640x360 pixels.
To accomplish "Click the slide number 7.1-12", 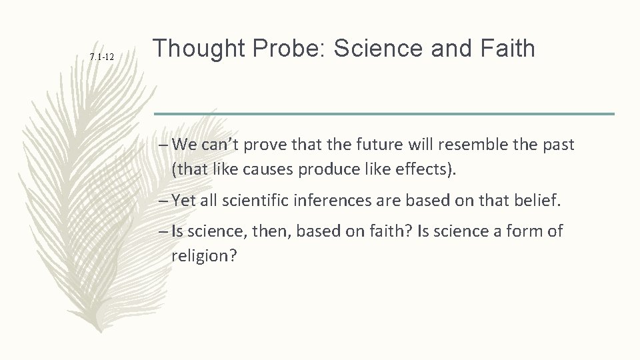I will pos(102,59).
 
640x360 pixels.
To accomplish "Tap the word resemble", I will pos(466,145).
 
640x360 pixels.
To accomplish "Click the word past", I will pos(558,145).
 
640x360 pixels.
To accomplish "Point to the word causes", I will pos(250,169).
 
